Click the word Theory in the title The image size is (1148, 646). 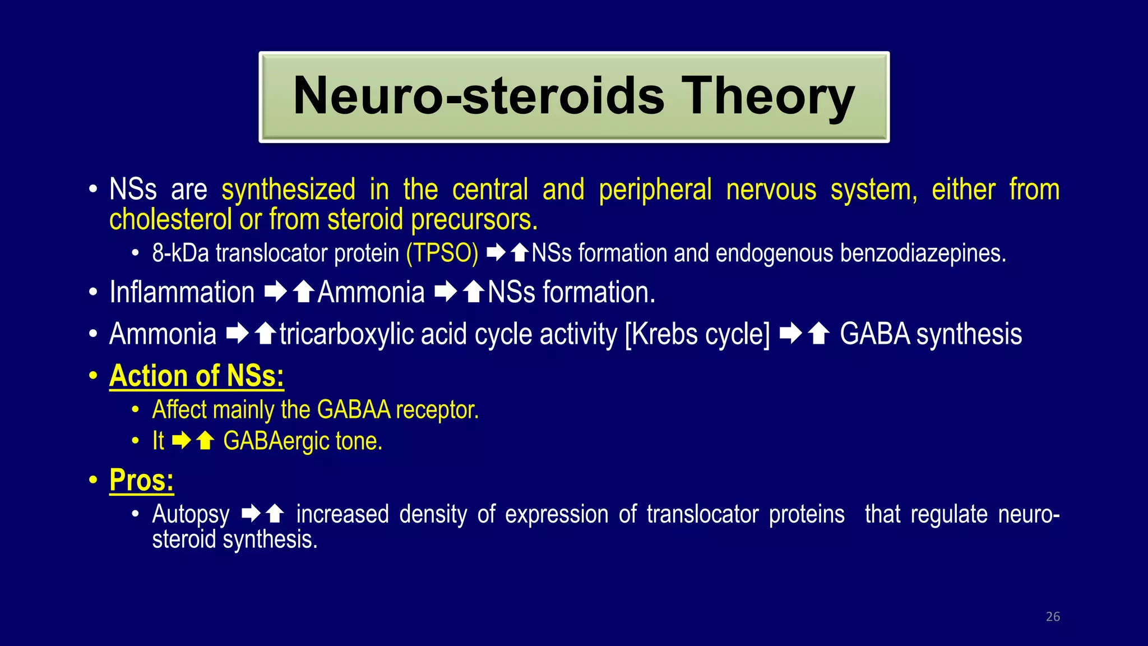(x=767, y=97)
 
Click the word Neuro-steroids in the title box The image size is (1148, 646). (x=479, y=97)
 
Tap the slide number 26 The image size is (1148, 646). (x=1053, y=617)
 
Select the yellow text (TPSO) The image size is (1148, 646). (x=442, y=253)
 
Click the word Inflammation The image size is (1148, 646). (x=182, y=293)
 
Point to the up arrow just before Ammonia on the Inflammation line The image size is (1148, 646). (x=304, y=292)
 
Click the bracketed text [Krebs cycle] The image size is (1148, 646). (x=697, y=335)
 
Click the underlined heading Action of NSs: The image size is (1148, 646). (x=197, y=376)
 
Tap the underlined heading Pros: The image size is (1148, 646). (x=141, y=481)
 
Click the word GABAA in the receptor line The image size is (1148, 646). (x=354, y=410)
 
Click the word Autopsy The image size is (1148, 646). (x=191, y=515)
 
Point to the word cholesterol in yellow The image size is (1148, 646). (x=170, y=219)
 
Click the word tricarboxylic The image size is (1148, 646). (x=346, y=335)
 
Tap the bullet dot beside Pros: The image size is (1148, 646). (x=93, y=481)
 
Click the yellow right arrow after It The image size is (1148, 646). (x=182, y=441)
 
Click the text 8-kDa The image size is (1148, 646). (x=180, y=253)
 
